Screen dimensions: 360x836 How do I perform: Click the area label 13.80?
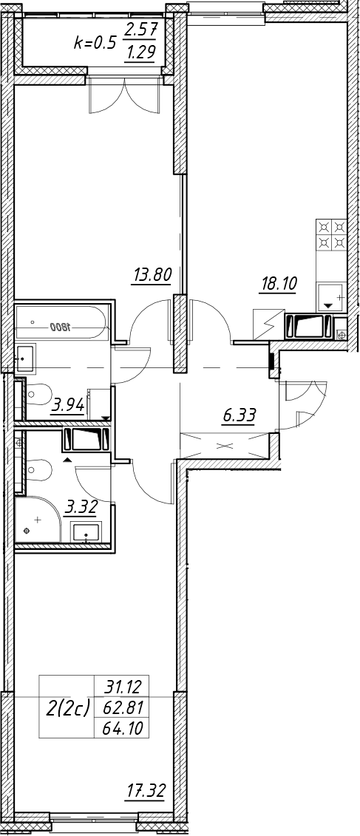152,275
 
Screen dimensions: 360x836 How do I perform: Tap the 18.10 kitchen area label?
277,283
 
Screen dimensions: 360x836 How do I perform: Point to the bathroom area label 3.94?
68,407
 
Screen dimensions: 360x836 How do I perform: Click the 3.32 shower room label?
81,507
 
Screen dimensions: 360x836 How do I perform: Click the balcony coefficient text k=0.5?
95,43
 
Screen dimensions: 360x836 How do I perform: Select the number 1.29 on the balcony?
139,55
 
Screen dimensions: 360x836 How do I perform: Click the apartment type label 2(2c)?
68,710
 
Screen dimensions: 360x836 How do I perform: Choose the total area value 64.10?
121,728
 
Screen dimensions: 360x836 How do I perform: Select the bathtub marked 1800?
62,322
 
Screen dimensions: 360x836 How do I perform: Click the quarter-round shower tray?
38,520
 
